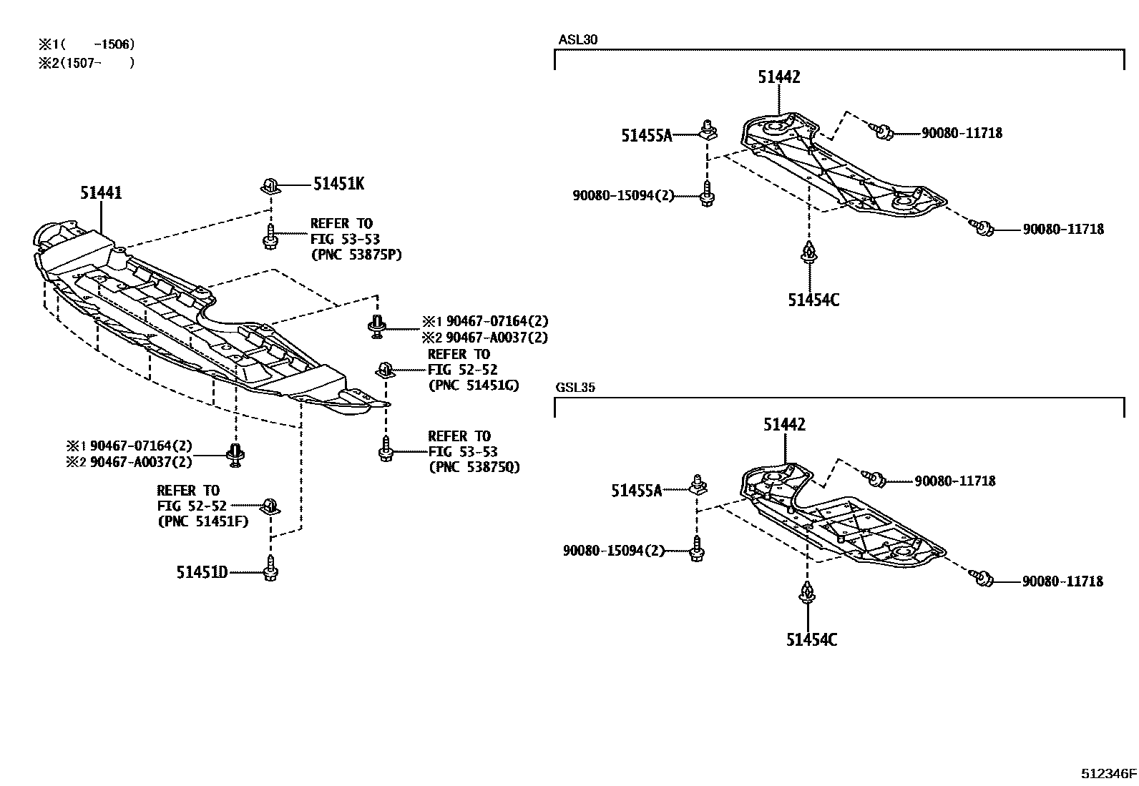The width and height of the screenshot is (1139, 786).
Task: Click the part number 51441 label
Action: click(x=101, y=192)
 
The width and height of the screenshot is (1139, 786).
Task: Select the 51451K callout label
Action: click(x=338, y=184)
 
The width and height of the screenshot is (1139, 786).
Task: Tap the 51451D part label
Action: click(x=202, y=572)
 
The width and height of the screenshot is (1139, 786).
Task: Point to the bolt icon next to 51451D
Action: click(x=270, y=569)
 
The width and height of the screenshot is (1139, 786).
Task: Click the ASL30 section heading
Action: click(x=577, y=39)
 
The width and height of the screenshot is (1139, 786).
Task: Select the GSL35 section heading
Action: click(x=575, y=388)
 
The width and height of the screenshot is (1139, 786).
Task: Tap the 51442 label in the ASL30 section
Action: click(x=779, y=77)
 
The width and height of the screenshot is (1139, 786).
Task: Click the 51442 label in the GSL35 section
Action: click(x=784, y=425)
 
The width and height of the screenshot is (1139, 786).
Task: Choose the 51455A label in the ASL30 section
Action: click(x=647, y=135)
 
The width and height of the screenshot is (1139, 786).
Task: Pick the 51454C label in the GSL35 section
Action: click(x=812, y=639)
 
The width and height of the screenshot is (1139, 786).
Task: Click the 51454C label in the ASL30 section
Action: click(x=814, y=300)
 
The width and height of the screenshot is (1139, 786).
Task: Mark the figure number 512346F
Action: click(x=1108, y=774)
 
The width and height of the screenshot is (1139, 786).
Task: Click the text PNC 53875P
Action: click(x=356, y=255)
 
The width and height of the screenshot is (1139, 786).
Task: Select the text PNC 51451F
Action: click(x=202, y=521)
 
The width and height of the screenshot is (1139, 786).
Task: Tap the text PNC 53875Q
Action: click(x=474, y=468)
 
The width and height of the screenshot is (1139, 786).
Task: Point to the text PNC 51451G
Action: click(x=474, y=385)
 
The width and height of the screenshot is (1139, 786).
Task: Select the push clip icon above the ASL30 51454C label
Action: click(x=808, y=252)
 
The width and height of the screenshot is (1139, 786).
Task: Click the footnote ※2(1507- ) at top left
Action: click(x=87, y=62)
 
